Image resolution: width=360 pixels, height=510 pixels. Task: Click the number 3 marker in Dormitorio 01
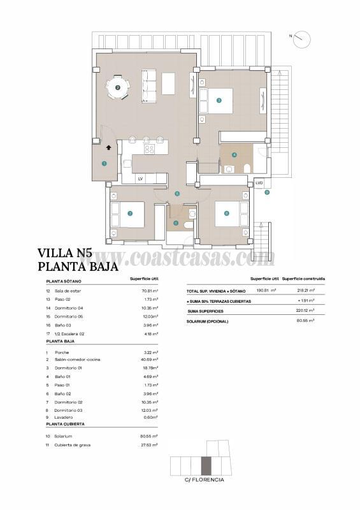(x=219, y=100)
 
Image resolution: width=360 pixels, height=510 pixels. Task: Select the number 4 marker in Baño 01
(x=234, y=154)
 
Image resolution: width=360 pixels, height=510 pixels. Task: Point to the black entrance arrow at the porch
(x=109, y=147)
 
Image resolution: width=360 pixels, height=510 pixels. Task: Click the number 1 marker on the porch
(x=104, y=164)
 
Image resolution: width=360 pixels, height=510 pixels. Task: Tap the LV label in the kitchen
(x=140, y=179)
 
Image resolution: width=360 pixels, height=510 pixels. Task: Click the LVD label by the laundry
(x=259, y=183)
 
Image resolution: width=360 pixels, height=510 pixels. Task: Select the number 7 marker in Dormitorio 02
(x=130, y=214)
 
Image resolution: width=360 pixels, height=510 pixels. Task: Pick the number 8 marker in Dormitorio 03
(x=226, y=214)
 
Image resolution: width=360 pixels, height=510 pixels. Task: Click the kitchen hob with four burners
(x=149, y=149)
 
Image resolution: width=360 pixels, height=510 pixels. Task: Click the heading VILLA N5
(x=69, y=252)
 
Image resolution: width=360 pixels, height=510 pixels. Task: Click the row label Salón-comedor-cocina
(x=76, y=360)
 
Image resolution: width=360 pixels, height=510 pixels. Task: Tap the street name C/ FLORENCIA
(x=204, y=479)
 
